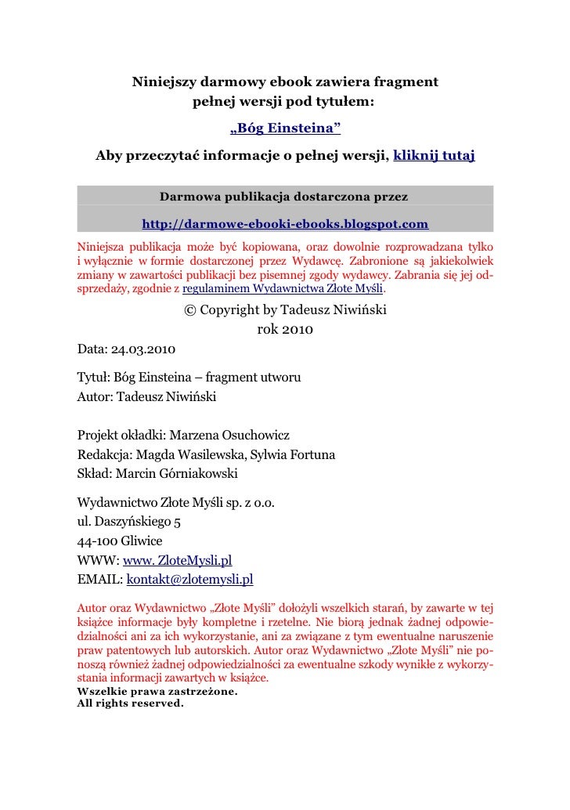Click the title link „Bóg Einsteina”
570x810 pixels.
click(285, 128)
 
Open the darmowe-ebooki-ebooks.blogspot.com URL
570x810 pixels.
click(285, 225)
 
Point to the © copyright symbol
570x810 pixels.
click(189, 309)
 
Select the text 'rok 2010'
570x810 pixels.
click(285, 329)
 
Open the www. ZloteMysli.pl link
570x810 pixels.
click(177, 560)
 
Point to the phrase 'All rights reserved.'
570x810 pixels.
click(130, 703)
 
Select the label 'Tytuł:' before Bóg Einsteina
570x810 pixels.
click(94, 378)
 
